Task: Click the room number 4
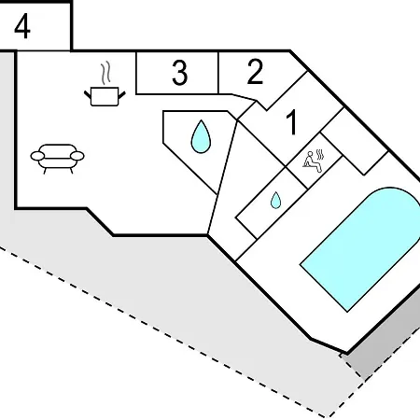[22, 27]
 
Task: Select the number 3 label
[180, 73]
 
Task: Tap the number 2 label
[255, 72]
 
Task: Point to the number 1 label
[291, 122]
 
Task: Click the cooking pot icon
[105, 97]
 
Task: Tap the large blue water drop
[201, 137]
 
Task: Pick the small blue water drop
[275, 201]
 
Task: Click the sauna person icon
[312, 161]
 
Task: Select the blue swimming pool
[362, 249]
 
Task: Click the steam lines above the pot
[105, 73]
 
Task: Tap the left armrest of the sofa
[37, 156]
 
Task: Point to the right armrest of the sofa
[77, 156]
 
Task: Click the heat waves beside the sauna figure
[320, 154]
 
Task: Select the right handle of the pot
[122, 94]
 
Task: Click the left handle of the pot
[88, 94]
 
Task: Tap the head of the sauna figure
[310, 153]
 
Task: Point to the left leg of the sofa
[45, 171]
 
